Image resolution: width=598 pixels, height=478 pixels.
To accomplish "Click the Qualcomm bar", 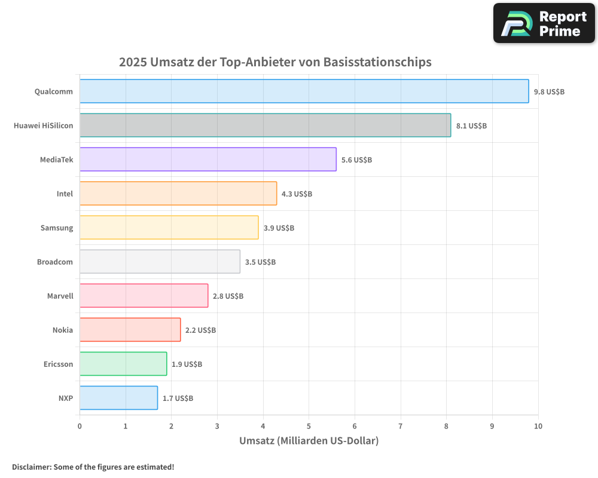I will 304,91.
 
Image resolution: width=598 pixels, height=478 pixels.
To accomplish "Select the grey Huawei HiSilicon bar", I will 265,125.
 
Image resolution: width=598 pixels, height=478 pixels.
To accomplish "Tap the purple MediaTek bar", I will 208,160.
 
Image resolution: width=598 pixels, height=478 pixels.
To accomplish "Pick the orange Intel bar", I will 178,194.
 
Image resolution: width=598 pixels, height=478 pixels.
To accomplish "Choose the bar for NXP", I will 118,398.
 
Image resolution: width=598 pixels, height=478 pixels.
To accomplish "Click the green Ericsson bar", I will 123,364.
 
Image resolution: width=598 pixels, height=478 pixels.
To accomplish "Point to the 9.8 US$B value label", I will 549,92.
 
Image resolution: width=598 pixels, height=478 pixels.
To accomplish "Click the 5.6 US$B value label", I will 356,160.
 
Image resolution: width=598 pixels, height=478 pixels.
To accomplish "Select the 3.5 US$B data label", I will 260,262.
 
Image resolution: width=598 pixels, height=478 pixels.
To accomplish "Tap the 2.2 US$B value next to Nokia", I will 200,330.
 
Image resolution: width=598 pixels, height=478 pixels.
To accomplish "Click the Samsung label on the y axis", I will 57,228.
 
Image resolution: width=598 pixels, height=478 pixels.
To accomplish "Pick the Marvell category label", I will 60,296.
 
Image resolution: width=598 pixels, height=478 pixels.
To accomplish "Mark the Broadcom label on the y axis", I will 55,262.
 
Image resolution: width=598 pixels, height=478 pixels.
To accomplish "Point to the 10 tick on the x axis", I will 538,426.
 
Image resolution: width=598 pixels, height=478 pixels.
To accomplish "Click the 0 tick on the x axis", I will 80,426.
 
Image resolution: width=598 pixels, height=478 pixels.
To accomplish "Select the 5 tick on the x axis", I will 309,426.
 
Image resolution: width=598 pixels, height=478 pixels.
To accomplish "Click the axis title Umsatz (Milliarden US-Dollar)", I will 309,441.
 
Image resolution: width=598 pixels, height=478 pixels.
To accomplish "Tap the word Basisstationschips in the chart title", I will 377,62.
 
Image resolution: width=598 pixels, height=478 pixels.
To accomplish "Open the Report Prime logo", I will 544,23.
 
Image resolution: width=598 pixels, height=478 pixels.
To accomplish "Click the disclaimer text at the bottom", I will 93,467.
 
